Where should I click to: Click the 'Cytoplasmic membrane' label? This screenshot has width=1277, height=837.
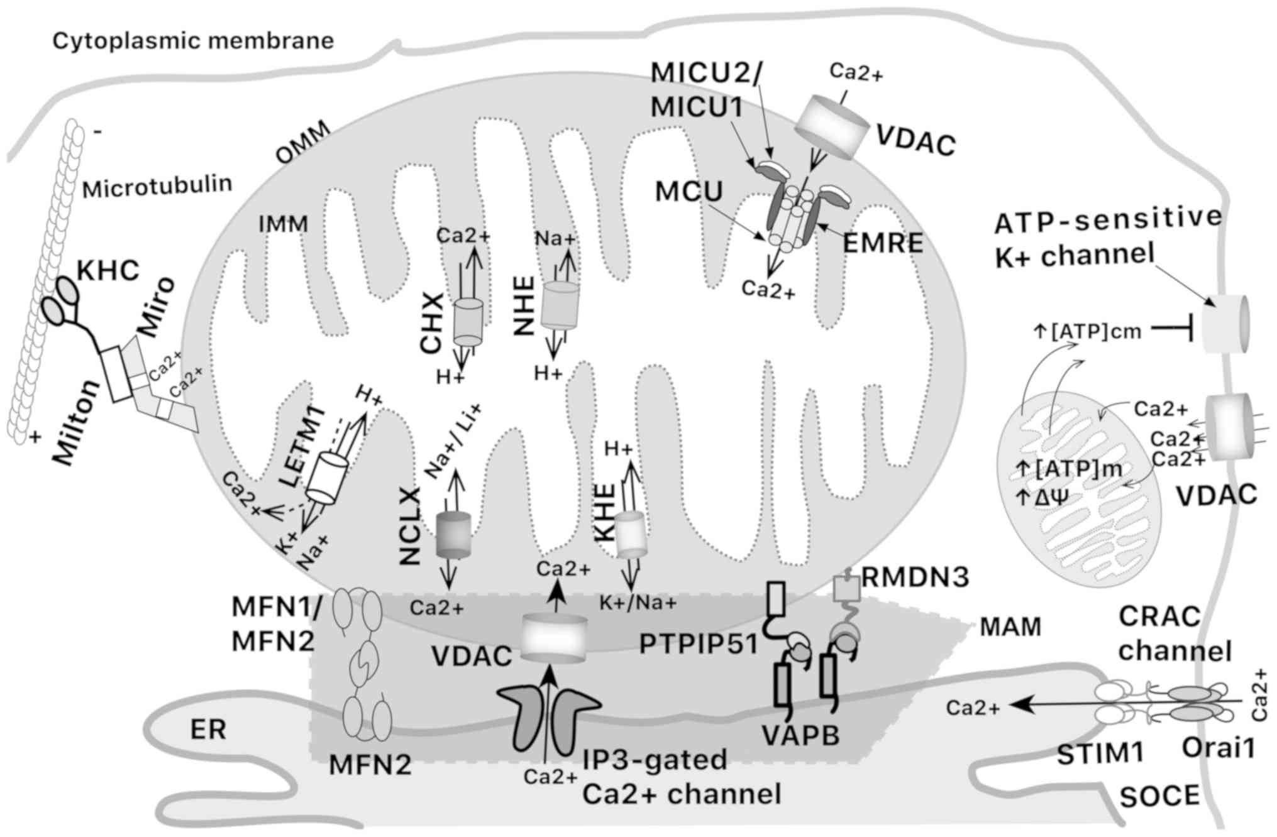193,41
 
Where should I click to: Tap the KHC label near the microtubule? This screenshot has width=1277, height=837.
108,271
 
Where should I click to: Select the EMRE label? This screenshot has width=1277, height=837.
883,243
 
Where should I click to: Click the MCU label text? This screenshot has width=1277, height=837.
689,192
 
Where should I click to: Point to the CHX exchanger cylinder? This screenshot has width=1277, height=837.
468,321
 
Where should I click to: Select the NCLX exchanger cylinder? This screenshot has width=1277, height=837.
453,535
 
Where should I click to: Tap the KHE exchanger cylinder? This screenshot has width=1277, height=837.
631,535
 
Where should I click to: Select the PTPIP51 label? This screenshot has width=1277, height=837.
698,645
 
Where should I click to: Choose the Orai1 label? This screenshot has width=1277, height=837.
1218,748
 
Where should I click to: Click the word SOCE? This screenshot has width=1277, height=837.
1160,796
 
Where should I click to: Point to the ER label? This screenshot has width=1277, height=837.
208,730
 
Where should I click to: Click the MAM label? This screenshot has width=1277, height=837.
1011,626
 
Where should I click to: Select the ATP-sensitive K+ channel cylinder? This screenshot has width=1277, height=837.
1225,325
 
